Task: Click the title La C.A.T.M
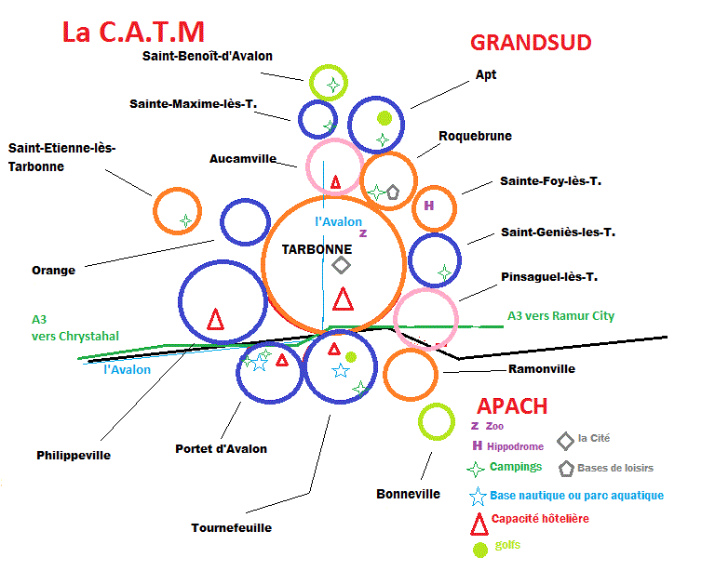tap(133, 32)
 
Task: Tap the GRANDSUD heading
tap(531, 42)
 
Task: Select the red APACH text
tap(512, 406)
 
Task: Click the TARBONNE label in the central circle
tap(317, 249)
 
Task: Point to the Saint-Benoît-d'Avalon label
tap(208, 56)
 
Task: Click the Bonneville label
tap(408, 494)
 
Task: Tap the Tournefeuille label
tap(232, 527)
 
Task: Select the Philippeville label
tap(74, 456)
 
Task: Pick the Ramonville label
tap(542, 369)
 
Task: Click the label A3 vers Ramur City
tap(560, 316)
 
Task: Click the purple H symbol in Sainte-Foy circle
tap(429, 206)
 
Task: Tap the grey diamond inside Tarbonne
tap(342, 265)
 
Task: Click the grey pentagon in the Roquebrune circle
tap(393, 193)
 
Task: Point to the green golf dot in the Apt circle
tap(384, 118)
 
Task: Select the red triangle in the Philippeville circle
tap(216, 319)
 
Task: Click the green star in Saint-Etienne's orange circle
tap(186, 221)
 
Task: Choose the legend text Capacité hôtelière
tap(539, 519)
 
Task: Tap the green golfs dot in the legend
tap(480, 550)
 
